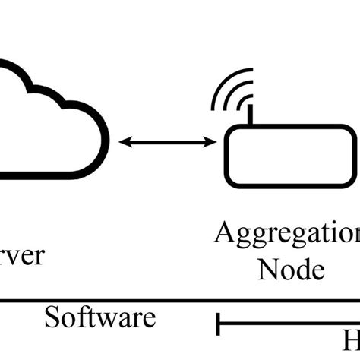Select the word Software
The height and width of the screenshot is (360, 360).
coord(99,317)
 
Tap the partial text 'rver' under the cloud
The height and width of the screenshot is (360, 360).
coord(22,254)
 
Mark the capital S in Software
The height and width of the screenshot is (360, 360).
coord(52,317)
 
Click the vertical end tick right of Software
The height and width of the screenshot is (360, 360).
coord(219,324)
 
